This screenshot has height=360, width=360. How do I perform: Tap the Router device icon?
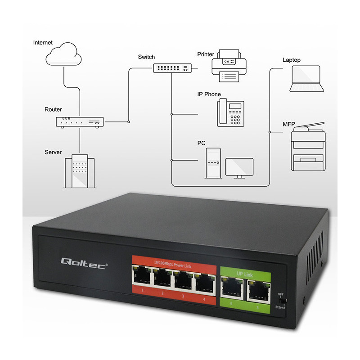click(x=80, y=121)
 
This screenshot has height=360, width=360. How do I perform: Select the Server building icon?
click(x=79, y=171)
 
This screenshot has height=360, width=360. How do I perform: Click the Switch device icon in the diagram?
click(x=172, y=68)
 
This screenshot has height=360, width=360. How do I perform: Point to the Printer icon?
click(x=229, y=66)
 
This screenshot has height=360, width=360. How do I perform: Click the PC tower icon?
click(x=213, y=162)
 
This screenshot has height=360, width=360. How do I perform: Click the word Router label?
click(x=53, y=109)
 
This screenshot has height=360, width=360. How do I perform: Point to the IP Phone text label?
click(x=209, y=94)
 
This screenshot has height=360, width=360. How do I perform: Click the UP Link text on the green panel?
click(x=245, y=272)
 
